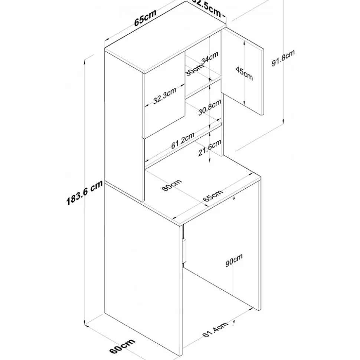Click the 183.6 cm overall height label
click(84, 193)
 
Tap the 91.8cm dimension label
click(283, 58)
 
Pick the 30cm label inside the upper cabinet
click(194, 69)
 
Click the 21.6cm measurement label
click(210, 148)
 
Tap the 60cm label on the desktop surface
click(172, 185)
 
